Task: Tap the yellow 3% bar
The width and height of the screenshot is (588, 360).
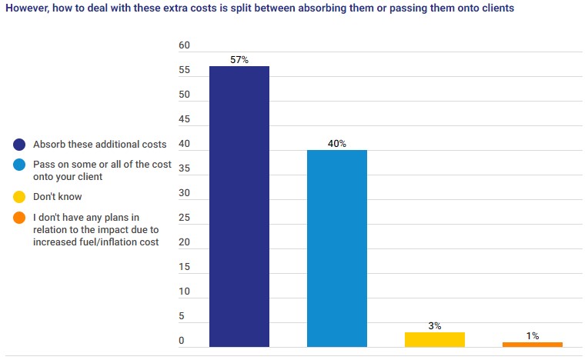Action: pos(435,339)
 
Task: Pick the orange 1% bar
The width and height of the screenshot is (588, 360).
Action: pos(533,345)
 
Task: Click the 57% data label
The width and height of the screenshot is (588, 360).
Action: pos(239,60)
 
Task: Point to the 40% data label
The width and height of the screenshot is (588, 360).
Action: pos(337,144)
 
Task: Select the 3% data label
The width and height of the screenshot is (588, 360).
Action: pos(435,326)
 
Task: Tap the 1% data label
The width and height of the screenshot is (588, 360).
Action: pos(533,336)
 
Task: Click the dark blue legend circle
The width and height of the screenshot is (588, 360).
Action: pos(19,144)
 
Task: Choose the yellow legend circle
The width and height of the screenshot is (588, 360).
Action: pos(19,196)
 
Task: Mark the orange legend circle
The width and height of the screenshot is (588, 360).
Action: pos(19,218)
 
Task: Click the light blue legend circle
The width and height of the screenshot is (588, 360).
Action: pos(19,165)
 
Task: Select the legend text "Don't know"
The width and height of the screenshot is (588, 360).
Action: pos(57,196)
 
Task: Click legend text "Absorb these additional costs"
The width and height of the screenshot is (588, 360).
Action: pos(99,144)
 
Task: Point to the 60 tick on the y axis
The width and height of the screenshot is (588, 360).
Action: pos(184,45)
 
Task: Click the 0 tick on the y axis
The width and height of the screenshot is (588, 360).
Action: pos(182,341)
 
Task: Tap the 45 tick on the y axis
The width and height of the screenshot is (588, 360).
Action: pos(184,119)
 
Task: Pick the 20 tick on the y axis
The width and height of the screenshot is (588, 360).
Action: pos(184,242)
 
